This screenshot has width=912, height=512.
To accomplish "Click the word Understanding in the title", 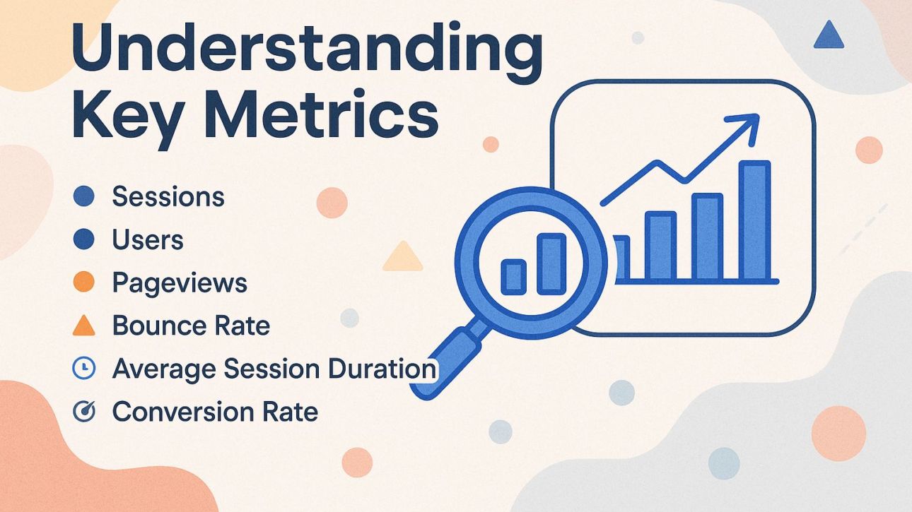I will [x=308, y=48].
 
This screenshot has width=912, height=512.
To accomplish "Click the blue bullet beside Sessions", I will [x=83, y=196].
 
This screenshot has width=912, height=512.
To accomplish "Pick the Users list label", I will [x=148, y=240].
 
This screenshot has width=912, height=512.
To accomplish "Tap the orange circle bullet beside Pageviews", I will [x=83, y=283].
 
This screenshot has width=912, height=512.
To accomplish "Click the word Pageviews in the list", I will [x=180, y=283].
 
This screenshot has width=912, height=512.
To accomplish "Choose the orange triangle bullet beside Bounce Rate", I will [x=83, y=326].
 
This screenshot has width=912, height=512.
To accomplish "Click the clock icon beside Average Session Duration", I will [x=83, y=369].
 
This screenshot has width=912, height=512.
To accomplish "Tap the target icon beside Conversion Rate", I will [x=83, y=412].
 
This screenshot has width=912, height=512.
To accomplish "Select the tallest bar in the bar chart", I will [x=754, y=220].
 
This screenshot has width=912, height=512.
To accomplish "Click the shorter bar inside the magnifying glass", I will [x=513, y=276].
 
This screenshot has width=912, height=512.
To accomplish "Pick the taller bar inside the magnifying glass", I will [x=551, y=263].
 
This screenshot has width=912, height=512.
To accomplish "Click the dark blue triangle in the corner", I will [x=829, y=35].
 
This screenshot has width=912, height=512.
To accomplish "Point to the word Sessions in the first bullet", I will [x=168, y=196].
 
